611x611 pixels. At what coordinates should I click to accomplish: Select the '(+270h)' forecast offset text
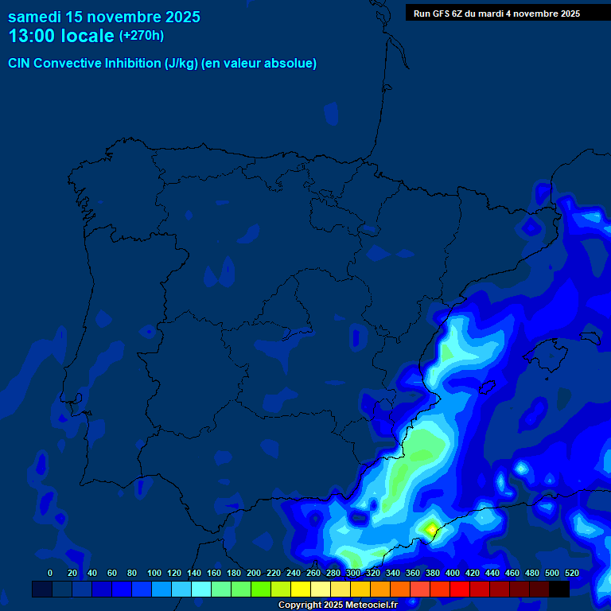tap(141, 36)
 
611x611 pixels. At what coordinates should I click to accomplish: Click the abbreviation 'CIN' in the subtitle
tap(20, 64)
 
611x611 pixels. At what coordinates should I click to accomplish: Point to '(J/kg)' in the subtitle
tap(182, 64)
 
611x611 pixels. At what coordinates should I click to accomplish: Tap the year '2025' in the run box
tap(565, 14)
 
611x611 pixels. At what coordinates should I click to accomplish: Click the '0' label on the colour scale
tap(50, 573)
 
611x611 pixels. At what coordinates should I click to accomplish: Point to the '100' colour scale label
tap(154, 573)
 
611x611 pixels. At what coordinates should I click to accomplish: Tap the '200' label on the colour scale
tap(254, 573)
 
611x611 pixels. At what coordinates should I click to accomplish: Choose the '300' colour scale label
tap(353, 573)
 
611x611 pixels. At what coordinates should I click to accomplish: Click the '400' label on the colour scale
tap(453, 573)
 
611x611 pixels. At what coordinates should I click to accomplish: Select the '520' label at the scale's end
tap(571, 573)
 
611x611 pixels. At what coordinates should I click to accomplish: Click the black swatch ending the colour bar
tap(559, 589)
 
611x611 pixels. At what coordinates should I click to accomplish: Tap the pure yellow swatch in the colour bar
tap(301, 589)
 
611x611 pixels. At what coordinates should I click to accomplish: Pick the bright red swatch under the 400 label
tap(460, 589)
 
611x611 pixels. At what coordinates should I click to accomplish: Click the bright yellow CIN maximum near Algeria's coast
tap(431, 527)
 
